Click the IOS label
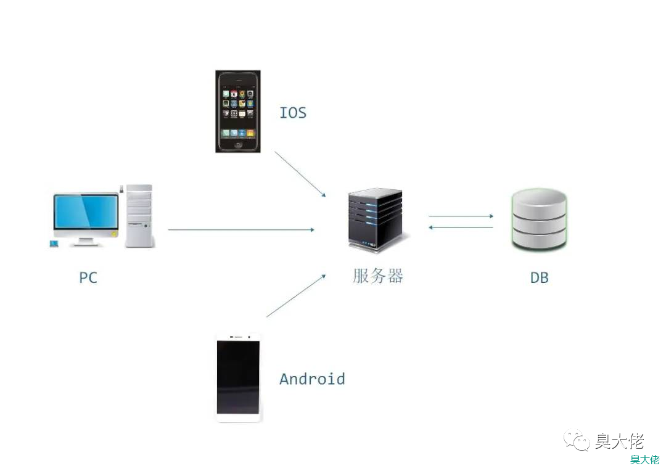[x=293, y=113]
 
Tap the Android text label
[x=312, y=379]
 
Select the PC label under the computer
[x=88, y=277]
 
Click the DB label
[x=540, y=277]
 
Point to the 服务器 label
[x=378, y=276]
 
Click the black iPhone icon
[x=237, y=111]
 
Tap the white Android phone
[x=239, y=378]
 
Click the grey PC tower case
[x=138, y=216]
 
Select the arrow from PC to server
[x=240, y=229]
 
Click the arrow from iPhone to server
[x=300, y=174]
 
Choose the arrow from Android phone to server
[x=295, y=296]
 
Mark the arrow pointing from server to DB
[x=461, y=216]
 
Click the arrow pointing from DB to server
[x=461, y=227]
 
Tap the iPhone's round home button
[x=238, y=145]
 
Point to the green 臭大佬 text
[x=644, y=459]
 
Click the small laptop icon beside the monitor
[x=54, y=244]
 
